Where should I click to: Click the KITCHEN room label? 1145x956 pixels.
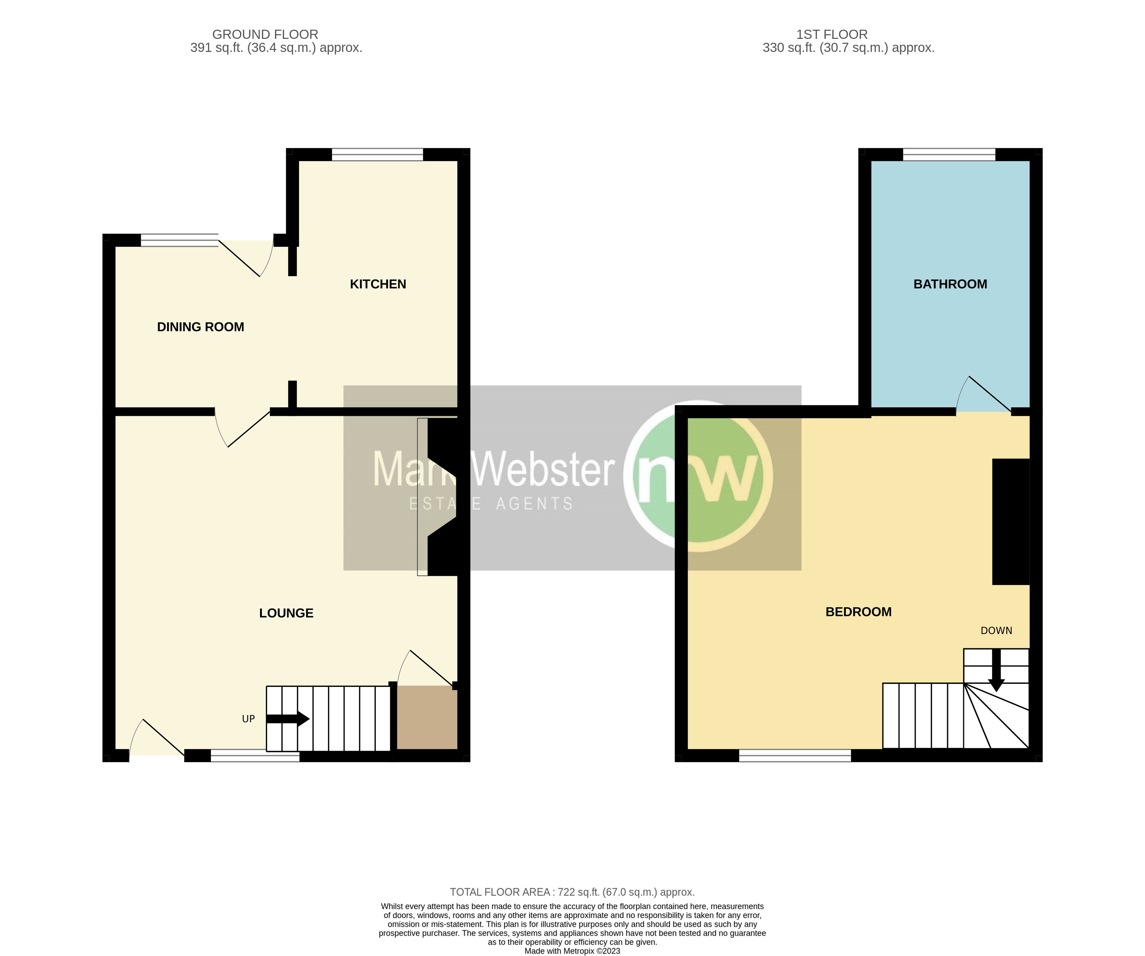(378, 284)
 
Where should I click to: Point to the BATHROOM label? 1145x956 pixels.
(950, 284)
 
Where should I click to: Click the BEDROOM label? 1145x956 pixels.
(858, 612)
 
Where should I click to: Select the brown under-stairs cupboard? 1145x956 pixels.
(426, 717)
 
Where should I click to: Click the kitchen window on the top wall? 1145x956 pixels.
(377, 155)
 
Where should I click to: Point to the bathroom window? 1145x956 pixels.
(949, 155)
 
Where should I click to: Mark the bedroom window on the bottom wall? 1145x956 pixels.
(794, 755)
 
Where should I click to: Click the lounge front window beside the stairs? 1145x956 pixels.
(255, 755)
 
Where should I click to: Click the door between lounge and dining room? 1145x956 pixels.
(243, 428)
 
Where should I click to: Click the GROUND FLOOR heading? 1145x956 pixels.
(265, 34)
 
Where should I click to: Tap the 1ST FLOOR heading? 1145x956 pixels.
(832, 34)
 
